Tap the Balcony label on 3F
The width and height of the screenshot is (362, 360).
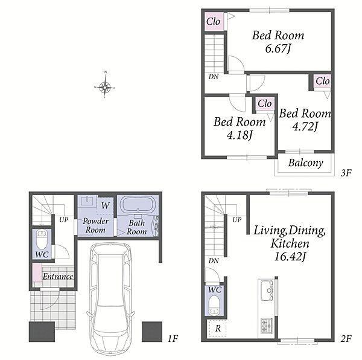(x=305, y=163)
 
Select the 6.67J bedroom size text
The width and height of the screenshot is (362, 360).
(x=278, y=48)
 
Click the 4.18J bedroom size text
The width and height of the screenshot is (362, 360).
(x=239, y=135)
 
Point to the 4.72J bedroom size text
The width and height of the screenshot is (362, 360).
(x=305, y=127)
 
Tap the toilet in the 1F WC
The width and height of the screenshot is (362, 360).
(x=42, y=239)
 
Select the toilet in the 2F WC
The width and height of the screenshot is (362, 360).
(x=214, y=306)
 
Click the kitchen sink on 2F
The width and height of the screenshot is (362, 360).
(x=267, y=290)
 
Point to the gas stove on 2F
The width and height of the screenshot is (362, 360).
(x=267, y=326)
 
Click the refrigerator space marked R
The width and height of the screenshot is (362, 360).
(x=217, y=329)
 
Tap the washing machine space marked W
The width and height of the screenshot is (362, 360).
(x=105, y=205)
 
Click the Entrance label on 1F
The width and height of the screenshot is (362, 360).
(x=58, y=277)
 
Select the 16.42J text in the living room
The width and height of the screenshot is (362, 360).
(x=290, y=257)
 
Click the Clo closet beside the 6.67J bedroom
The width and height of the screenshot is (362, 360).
(x=214, y=22)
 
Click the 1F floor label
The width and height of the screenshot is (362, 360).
(x=173, y=339)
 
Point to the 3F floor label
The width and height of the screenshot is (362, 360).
(x=346, y=173)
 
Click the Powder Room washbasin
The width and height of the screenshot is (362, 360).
(x=86, y=201)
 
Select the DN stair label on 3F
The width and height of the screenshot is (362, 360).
(x=213, y=77)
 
